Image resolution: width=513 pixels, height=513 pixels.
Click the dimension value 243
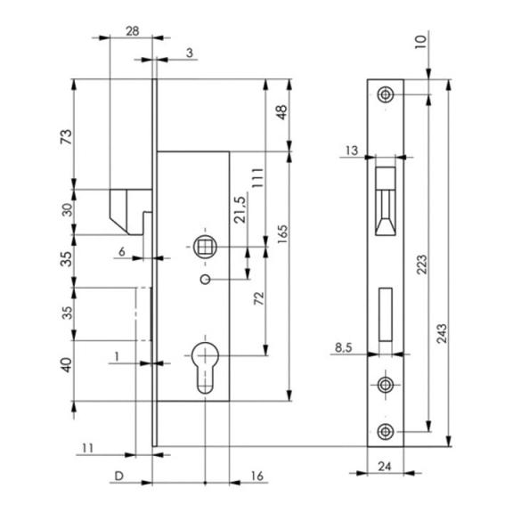click(x=442, y=333)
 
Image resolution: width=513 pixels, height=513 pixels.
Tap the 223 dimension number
click(x=422, y=265)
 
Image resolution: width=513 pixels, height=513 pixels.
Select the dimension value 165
click(x=282, y=233)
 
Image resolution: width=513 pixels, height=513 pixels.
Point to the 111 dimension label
click(x=257, y=177)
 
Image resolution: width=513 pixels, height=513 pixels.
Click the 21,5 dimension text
click(x=240, y=209)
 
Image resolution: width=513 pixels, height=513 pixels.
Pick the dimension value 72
click(x=259, y=298)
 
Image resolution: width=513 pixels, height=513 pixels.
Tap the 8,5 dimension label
click(x=344, y=347)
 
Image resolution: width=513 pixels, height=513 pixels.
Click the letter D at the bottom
click(x=119, y=476)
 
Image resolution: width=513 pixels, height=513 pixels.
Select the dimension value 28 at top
click(x=133, y=31)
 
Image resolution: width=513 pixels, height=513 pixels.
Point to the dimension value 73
click(x=66, y=137)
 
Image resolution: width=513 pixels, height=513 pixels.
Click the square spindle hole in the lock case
click(x=205, y=247)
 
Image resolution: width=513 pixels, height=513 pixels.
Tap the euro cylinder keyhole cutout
click(x=205, y=368)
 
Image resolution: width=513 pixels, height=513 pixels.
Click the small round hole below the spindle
click(x=205, y=280)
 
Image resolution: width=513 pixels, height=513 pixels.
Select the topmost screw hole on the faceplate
click(x=386, y=94)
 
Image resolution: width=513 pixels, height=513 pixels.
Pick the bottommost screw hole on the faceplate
click(x=386, y=432)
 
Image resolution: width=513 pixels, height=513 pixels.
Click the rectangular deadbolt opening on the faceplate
click(x=386, y=314)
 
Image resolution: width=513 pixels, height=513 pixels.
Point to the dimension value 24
click(x=385, y=466)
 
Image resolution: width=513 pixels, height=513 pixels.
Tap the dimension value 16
click(x=257, y=476)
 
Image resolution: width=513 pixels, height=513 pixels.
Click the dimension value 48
click(x=281, y=112)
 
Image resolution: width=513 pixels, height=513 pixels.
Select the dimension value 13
click(x=352, y=151)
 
